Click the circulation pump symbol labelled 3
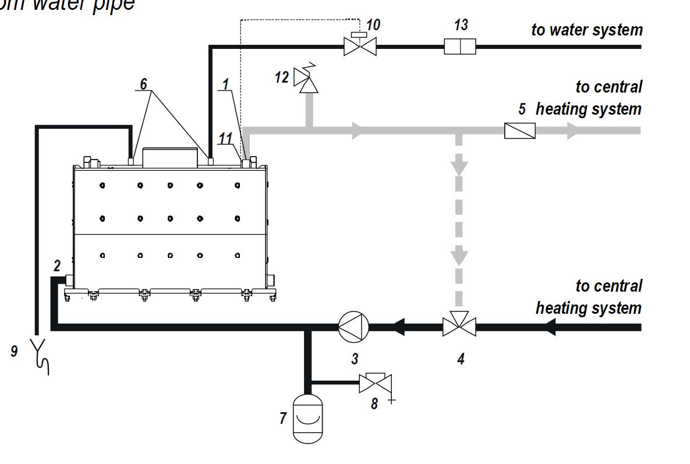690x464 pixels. (x=354, y=327)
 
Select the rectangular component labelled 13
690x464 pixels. (x=460, y=46)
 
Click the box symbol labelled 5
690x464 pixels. (x=520, y=130)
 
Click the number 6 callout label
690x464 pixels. (x=143, y=84)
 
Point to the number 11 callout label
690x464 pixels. (x=226, y=138)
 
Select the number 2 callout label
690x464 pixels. (x=56, y=266)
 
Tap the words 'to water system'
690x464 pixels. (x=586, y=30)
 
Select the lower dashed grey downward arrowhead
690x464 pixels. (x=460, y=256)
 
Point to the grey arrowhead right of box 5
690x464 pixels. (x=574, y=131)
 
